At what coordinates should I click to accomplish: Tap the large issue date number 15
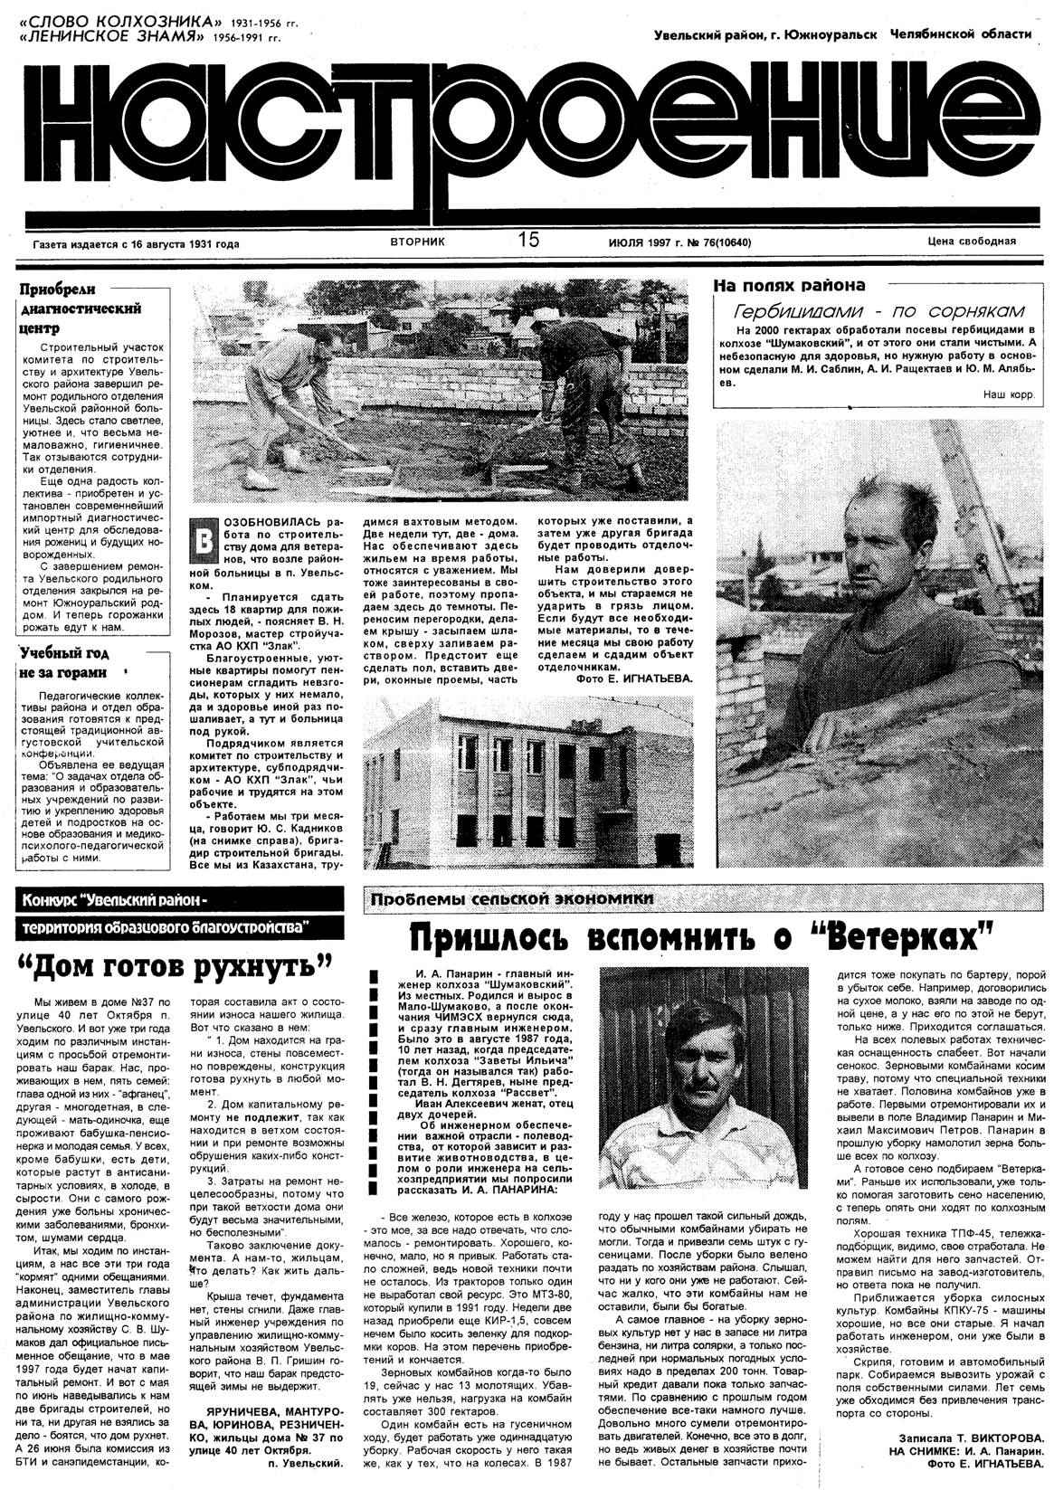528,240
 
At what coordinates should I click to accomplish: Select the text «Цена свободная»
971,242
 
